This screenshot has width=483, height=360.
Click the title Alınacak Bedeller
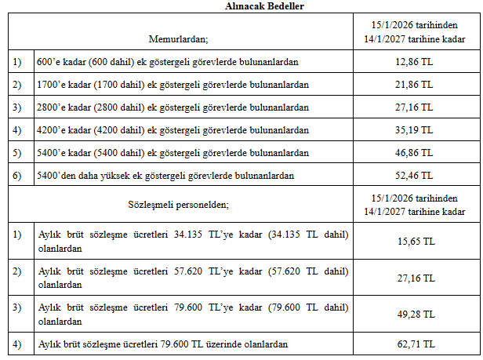pos(241,6)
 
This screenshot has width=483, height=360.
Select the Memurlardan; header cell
pos(178,38)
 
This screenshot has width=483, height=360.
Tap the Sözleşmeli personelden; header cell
pos(178,205)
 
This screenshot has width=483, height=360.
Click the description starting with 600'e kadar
pos(168,61)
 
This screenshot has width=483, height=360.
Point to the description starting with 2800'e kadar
pos(173,107)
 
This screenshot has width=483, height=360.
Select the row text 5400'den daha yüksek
pos(166,176)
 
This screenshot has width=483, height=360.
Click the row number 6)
pos(17,176)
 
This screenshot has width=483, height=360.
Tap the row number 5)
pos(17,153)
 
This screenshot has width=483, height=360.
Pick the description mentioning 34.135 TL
pos(193,241)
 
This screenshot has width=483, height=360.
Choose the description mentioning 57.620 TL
pos(193,278)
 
